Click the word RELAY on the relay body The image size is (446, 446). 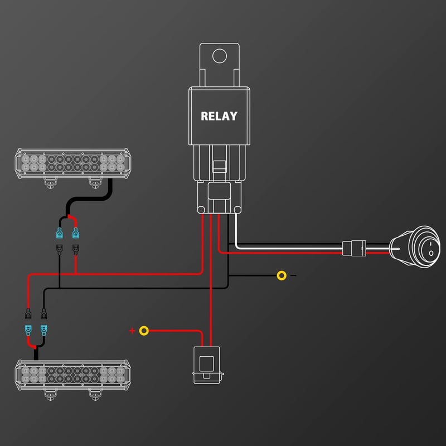pyautogui.click(x=219, y=116)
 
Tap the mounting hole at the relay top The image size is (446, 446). pyautogui.click(x=220, y=56)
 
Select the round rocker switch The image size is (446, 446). pyautogui.click(x=415, y=247)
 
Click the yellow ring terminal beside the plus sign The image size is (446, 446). pyautogui.click(x=144, y=331)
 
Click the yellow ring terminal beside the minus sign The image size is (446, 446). pyautogui.click(x=282, y=275)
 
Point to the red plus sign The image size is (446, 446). pyautogui.click(x=132, y=331)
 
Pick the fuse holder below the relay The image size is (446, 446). pyautogui.click(x=207, y=365)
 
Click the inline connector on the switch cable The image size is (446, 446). pyautogui.click(x=354, y=248)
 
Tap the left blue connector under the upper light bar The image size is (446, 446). pyautogui.click(x=59, y=233)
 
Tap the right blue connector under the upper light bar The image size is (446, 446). pyautogui.click(x=75, y=233)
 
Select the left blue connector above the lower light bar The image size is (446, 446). pyautogui.click(x=28, y=330)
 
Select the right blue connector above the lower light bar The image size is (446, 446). pyautogui.click(x=44, y=330)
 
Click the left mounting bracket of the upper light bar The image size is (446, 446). pyautogui.click(x=50, y=183)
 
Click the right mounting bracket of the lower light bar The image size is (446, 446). pyautogui.click(x=95, y=395)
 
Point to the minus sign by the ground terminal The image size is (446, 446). pyautogui.click(x=293, y=275)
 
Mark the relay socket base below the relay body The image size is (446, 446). pyautogui.click(x=219, y=197)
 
